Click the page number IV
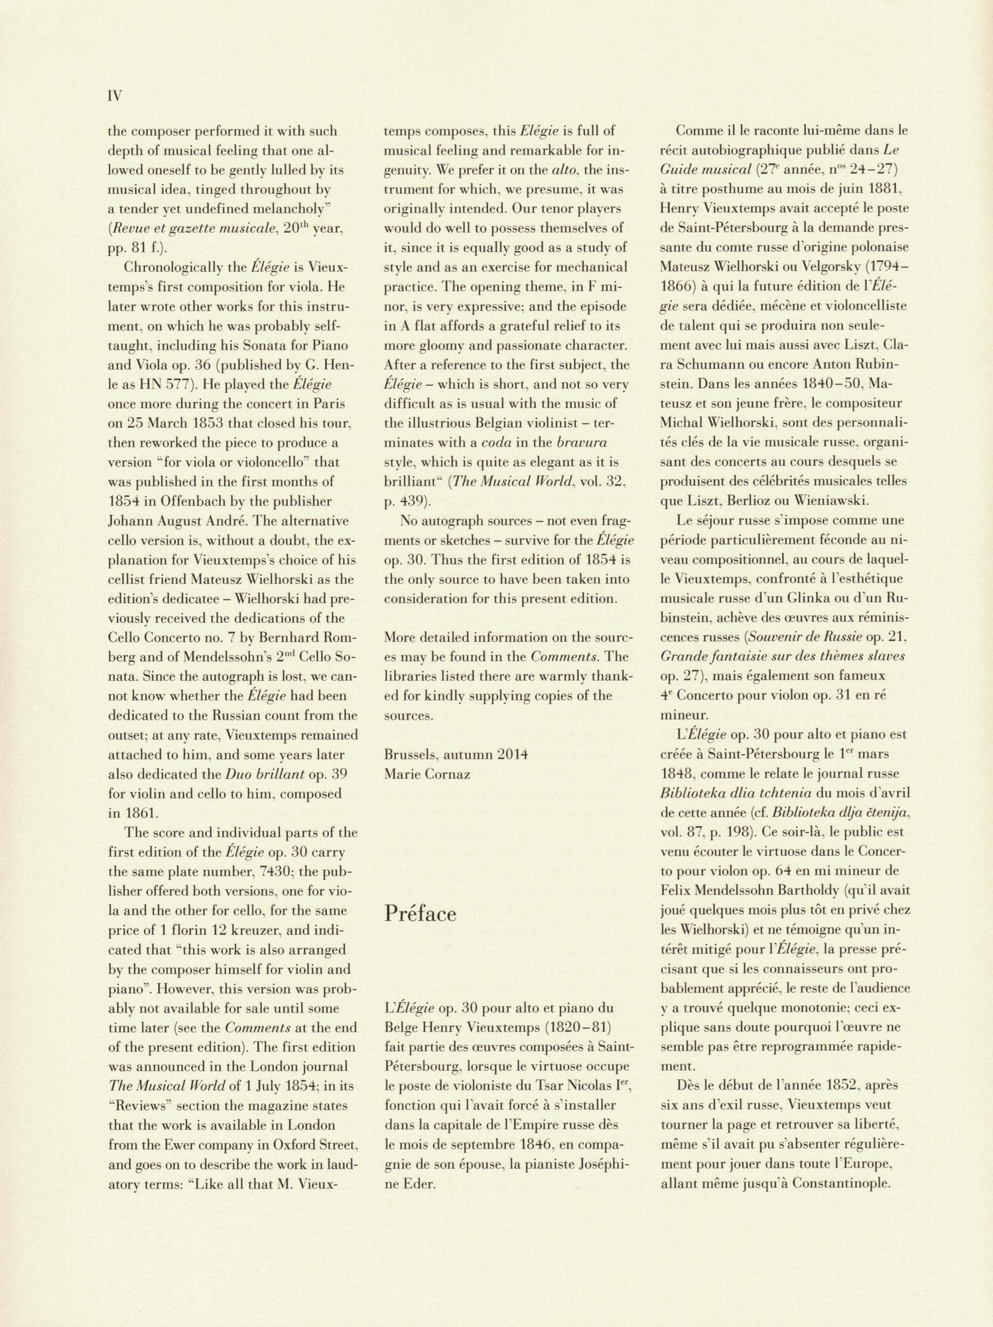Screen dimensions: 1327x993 [115, 96]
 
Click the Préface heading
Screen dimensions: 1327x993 [421, 914]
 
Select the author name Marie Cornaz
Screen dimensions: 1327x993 [427, 774]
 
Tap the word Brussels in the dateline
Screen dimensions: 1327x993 [411, 754]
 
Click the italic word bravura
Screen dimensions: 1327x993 [582, 443]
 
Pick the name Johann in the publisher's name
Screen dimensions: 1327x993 [133, 521]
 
